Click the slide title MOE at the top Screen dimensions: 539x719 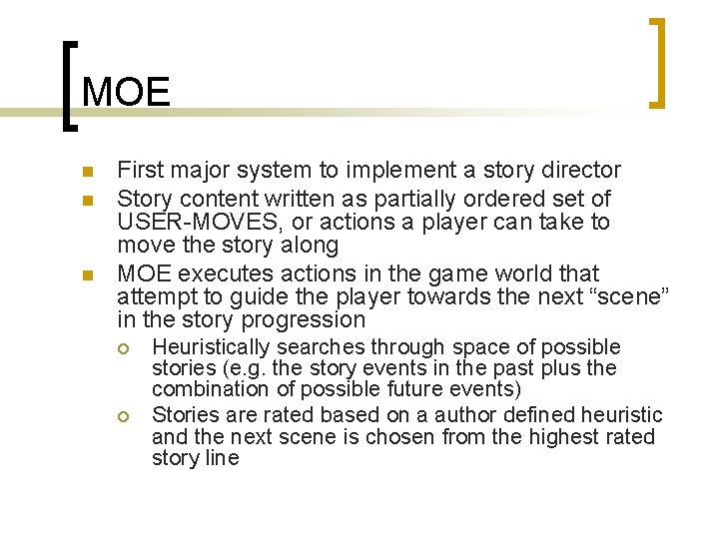click(x=127, y=93)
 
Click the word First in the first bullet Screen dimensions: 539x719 click(x=139, y=171)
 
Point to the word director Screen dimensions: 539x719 click(x=582, y=171)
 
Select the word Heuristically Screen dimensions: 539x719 click(x=211, y=347)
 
